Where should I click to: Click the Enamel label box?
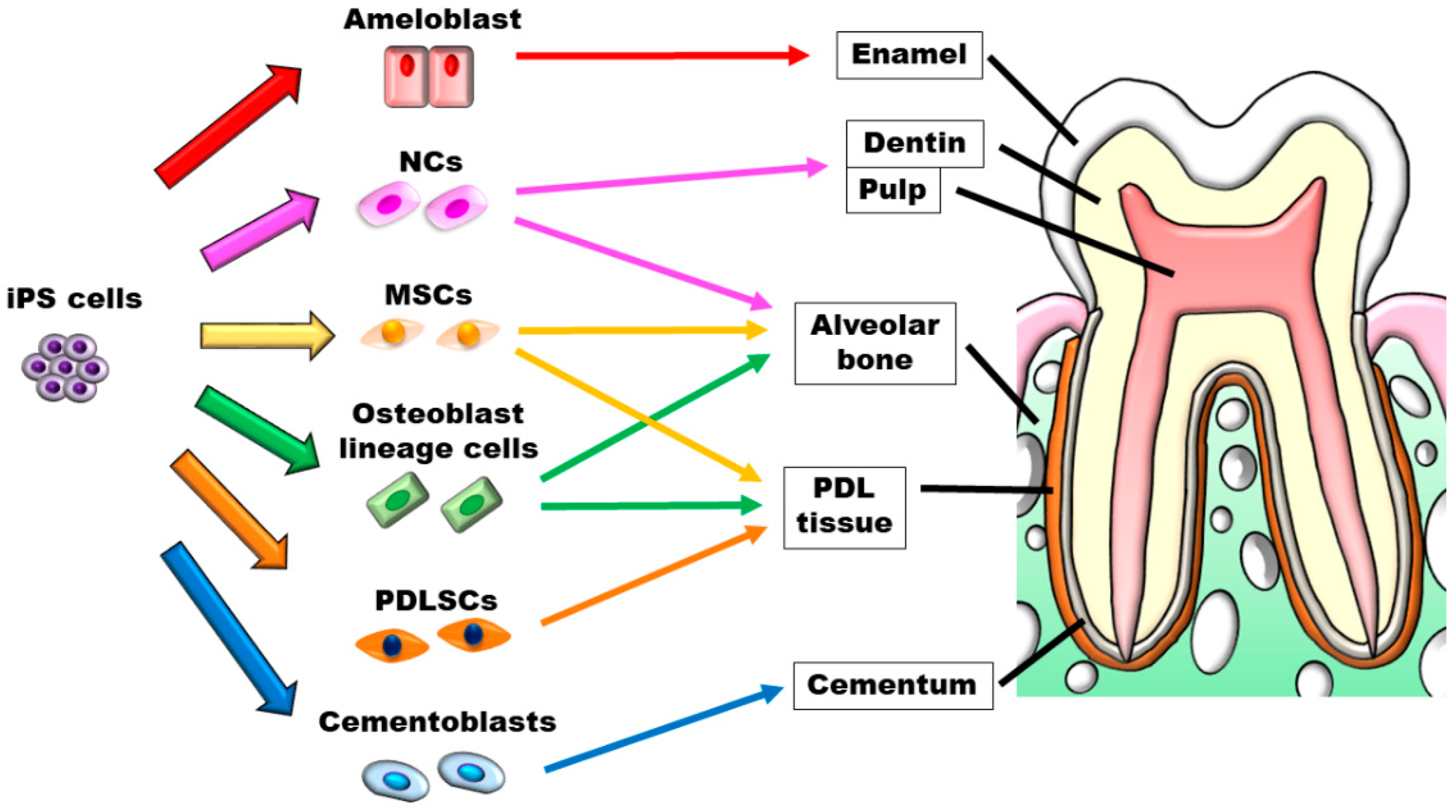click(909, 55)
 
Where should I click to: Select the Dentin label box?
click(914, 143)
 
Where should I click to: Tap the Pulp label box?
click(892, 190)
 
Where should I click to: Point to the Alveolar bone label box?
click(875, 343)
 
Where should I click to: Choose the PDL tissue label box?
click(844, 507)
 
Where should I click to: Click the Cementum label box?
click(892, 685)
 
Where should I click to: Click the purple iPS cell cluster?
click(65, 367)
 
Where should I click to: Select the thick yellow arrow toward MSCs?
click(266, 335)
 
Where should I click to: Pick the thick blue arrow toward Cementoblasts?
click(229, 627)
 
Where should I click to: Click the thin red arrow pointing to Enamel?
click(661, 55)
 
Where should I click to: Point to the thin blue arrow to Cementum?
click(661, 729)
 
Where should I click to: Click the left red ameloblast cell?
click(406, 77)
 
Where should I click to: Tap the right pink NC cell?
click(456, 207)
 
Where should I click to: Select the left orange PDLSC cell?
click(392, 645)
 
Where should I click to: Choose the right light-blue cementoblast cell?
click(471, 771)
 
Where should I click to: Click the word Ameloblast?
click(433, 19)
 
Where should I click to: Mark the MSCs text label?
click(428, 295)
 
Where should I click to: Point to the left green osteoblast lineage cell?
click(398, 500)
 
